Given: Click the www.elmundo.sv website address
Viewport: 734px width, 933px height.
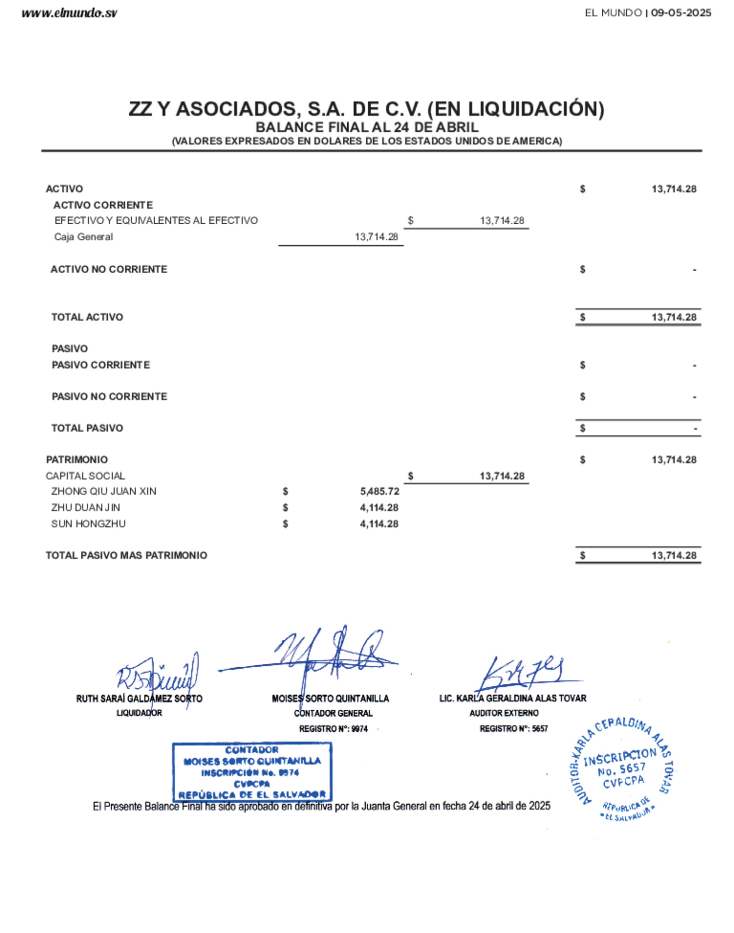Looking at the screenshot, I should (x=69, y=13).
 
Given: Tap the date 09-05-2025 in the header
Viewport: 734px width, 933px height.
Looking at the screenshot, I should (x=681, y=13).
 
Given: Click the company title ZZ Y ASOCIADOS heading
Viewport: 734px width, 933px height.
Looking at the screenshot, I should (x=366, y=109).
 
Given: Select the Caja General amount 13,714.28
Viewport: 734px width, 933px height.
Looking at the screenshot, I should (x=376, y=237).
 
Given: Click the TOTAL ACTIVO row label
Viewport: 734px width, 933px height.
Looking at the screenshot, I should (x=87, y=317).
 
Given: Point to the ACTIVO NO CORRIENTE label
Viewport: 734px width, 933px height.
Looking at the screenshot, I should (x=109, y=269).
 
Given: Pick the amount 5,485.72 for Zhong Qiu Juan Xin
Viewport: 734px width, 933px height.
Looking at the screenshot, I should (x=379, y=491).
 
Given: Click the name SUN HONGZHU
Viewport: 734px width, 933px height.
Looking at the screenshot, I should (x=88, y=524).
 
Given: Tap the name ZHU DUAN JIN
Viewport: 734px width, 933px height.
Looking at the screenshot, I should (x=85, y=507).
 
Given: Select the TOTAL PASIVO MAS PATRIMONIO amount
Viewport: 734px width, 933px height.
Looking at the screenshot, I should (x=674, y=555).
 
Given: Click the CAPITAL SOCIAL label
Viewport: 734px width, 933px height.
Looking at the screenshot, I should (x=85, y=476).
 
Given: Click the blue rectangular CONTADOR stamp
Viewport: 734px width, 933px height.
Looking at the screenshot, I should (x=252, y=772).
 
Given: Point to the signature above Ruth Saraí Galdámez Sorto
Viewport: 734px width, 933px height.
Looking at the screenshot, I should (x=157, y=674).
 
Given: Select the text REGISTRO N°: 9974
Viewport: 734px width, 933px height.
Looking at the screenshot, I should (x=333, y=729).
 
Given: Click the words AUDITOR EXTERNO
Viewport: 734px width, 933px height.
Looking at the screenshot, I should (x=504, y=713).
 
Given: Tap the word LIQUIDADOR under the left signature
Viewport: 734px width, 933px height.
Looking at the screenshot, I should (x=139, y=713).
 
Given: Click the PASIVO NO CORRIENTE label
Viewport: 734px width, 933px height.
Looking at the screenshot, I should (x=109, y=397).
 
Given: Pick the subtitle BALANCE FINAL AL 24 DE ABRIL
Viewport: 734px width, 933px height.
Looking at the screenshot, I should (x=367, y=127).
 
